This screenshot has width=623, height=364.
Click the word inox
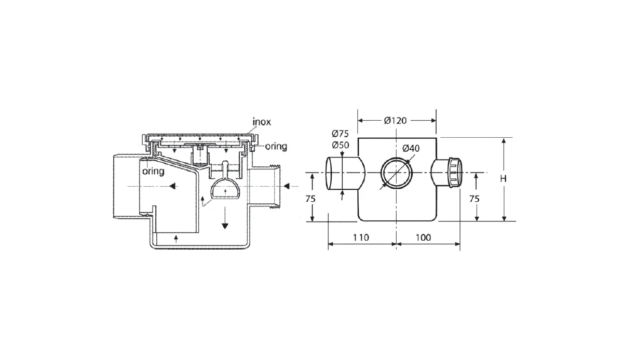262,122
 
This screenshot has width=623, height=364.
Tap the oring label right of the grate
276,146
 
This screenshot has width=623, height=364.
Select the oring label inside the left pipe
153,171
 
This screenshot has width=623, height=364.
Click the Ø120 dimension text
395,121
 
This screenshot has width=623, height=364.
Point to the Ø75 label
340,134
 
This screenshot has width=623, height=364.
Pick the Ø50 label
340,145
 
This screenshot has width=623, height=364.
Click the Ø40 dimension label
411,148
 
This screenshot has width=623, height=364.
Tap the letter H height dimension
503,179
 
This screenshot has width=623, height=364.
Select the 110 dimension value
361,237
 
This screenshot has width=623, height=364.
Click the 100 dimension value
423,237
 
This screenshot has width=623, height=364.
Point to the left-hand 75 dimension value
310,199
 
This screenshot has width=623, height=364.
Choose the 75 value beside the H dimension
474,199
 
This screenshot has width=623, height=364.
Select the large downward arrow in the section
225,217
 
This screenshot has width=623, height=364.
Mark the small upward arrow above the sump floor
176,239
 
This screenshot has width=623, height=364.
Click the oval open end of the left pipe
331,173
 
